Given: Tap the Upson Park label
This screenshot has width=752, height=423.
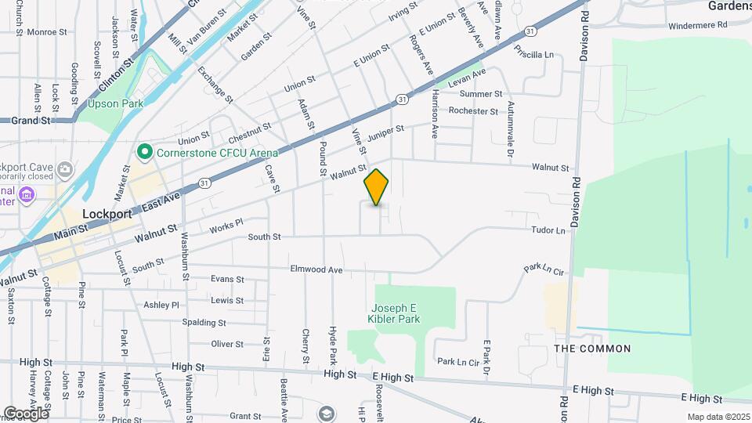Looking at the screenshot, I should pyautogui.click(x=111, y=103).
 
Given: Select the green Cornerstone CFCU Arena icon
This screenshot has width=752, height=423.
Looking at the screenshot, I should pyautogui.click(x=144, y=152).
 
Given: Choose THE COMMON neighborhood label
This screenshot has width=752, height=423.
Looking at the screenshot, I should pyautogui.click(x=592, y=349).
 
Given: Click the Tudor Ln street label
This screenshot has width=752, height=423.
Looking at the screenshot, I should pyautogui.click(x=548, y=230).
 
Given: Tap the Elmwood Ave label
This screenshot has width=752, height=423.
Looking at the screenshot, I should pyautogui.click(x=316, y=269).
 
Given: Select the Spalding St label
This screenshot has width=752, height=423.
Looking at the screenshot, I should pyautogui.click(x=204, y=322).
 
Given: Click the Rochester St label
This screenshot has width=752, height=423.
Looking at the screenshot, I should pyautogui.click(x=473, y=111).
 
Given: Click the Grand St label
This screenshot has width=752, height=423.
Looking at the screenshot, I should pyautogui.click(x=31, y=121).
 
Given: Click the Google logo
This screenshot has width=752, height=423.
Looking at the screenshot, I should pyautogui.click(x=26, y=413).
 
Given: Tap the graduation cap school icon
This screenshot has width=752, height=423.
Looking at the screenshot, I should pyautogui.click(x=327, y=413).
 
